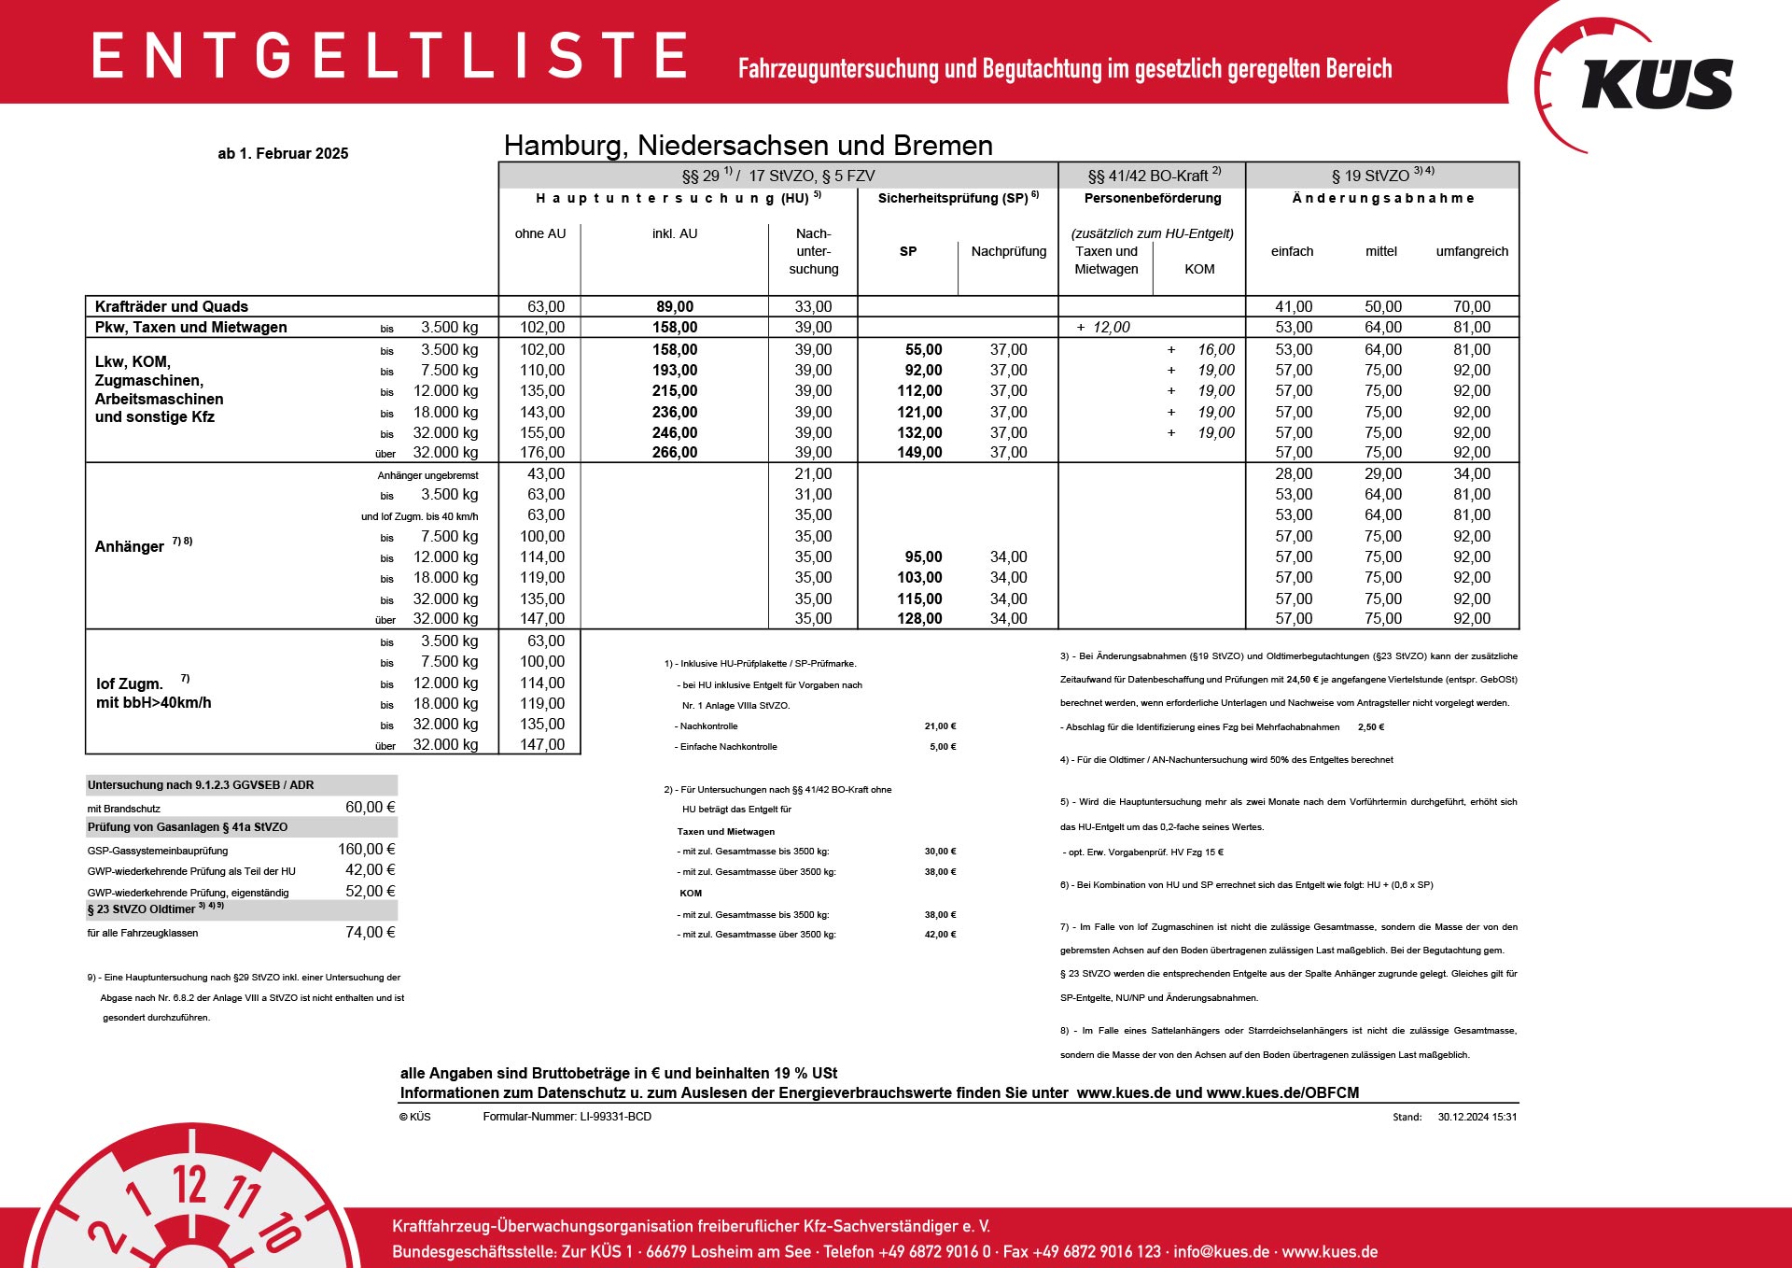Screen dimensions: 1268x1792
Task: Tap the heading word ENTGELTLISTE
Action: (390, 55)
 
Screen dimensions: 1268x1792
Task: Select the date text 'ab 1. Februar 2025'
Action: (283, 154)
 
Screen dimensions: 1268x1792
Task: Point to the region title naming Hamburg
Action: (748, 146)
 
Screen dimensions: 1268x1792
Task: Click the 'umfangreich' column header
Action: (1471, 251)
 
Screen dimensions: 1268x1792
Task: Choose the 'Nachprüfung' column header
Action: (1008, 251)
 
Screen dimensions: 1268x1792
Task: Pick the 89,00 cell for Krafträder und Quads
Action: (675, 307)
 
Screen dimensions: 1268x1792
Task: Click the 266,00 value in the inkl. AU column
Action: (675, 453)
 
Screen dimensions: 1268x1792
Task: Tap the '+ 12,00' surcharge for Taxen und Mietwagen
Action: (1103, 328)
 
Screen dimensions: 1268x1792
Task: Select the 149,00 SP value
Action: (919, 453)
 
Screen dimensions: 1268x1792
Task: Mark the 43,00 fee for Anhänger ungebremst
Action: (546, 474)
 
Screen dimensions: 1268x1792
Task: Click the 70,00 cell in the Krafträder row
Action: (1471, 307)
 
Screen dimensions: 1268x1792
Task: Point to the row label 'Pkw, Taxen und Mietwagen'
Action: (191, 328)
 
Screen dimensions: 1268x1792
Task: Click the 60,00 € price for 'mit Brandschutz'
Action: (370, 808)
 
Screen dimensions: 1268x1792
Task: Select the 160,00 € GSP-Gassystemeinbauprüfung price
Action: (366, 850)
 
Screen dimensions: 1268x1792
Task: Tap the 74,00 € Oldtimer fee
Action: (370, 933)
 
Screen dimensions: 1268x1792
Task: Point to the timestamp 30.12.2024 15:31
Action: (1477, 1117)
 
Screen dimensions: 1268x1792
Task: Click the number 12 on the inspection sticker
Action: (189, 1185)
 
